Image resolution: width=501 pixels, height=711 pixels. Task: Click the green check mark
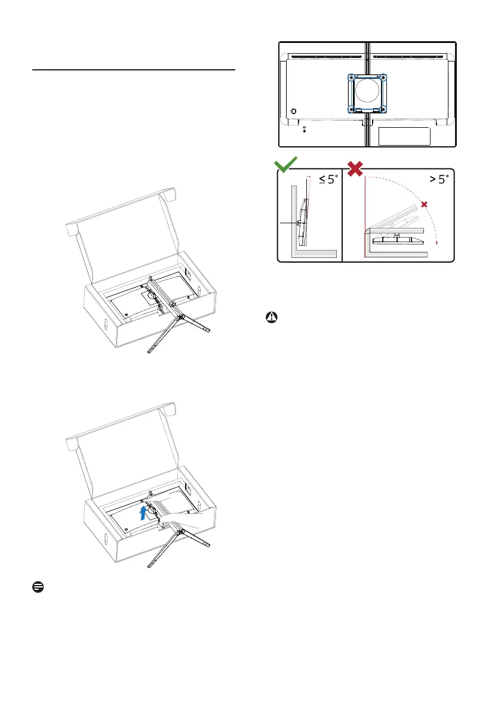[285, 165]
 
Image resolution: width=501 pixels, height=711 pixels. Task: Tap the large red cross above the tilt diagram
[355, 168]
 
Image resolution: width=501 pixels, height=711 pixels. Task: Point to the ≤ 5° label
[328, 180]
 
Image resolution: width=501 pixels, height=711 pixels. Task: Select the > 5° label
[439, 180]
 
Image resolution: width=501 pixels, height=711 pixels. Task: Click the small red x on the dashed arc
[424, 205]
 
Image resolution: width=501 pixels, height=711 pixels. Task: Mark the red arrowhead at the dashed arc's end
[436, 243]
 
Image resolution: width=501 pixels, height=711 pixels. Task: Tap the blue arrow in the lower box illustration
[143, 512]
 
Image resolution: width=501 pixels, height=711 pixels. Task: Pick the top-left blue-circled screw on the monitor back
[351, 78]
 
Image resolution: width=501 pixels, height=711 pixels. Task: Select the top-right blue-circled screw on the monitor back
[383, 78]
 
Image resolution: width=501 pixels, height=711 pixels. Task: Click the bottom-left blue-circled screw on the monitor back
[351, 109]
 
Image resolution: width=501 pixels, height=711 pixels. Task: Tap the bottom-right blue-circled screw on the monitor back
[383, 109]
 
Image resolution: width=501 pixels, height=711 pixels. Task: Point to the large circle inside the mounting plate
[367, 90]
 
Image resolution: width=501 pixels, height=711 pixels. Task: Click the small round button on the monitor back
[293, 111]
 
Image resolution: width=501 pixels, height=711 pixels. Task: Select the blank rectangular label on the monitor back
[404, 137]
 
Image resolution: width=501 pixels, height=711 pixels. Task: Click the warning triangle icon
[272, 318]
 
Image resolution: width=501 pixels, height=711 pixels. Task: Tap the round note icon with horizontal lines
[38, 587]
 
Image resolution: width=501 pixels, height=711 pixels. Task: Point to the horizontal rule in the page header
[134, 70]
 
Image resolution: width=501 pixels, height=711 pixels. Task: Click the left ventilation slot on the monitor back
[326, 57]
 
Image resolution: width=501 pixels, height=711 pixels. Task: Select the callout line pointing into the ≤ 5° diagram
[288, 223]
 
